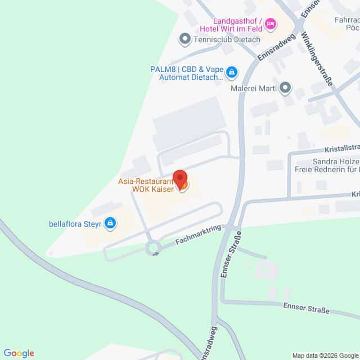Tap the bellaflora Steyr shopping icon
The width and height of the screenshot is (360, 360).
click(x=111, y=223)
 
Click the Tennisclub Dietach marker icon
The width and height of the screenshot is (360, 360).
click(x=184, y=39)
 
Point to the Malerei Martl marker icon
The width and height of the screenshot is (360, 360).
click(x=285, y=88)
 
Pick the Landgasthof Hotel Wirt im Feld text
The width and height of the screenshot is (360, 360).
click(x=230, y=25)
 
